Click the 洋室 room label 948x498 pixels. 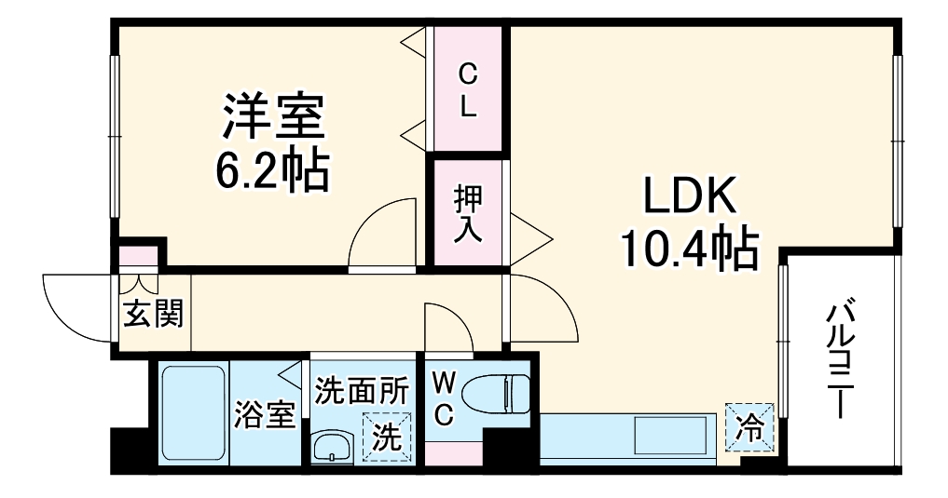tap(272, 115)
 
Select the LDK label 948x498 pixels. tap(689, 196)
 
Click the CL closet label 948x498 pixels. tap(468, 89)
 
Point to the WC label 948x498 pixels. tap(444, 398)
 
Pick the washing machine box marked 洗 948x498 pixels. tap(386, 435)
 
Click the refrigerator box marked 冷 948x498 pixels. tap(750, 427)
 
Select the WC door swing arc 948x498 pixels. tap(449, 326)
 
